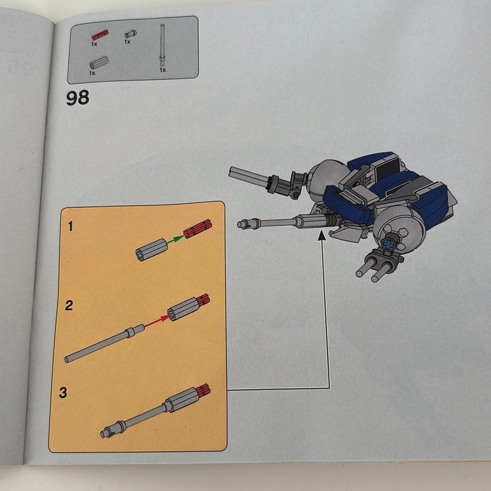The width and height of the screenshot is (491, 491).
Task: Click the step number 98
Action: [77, 98]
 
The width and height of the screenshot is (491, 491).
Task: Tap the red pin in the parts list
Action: [100, 35]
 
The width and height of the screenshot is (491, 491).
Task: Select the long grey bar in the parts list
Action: [162, 45]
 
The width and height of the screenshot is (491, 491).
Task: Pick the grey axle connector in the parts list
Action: [99, 63]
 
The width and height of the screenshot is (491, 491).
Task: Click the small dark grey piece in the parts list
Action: [130, 34]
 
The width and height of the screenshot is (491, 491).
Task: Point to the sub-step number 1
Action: [70, 226]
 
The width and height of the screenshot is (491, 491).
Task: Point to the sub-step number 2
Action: [69, 306]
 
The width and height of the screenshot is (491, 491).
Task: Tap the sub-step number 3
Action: [63, 392]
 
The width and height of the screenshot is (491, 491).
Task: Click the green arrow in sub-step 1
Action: [175, 240]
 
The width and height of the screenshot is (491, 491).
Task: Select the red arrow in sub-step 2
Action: [157, 321]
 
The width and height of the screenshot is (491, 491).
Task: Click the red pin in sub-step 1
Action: [197, 229]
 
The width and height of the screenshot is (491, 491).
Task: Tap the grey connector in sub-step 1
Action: [152, 249]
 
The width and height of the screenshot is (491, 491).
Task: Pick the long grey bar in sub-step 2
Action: [104, 344]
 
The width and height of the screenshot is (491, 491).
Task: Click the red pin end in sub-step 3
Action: [203, 391]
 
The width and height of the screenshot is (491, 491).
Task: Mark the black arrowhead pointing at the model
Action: [321, 236]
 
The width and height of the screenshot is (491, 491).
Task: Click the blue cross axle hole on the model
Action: [388, 244]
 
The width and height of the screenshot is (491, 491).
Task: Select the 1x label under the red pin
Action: [94, 44]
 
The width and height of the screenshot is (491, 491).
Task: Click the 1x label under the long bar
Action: [163, 70]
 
